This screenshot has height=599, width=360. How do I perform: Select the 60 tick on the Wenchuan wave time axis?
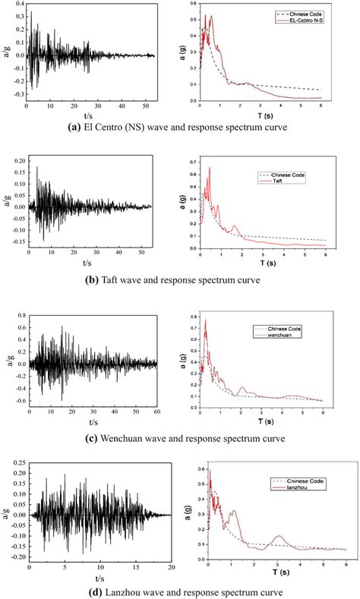coord(157,411)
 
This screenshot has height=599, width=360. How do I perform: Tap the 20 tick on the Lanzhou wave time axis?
coord(172,568)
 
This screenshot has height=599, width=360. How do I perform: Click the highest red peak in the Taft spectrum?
coord(209,168)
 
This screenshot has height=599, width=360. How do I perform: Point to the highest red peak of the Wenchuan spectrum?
coord(205,321)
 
